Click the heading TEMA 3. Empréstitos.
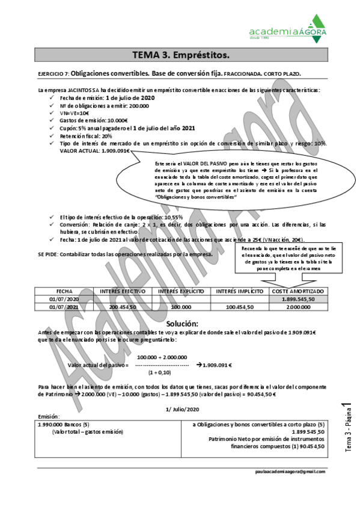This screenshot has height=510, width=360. pos(180,55)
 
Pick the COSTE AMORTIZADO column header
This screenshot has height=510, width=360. pos(299,290)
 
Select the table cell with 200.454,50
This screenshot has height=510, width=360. pos(124,307)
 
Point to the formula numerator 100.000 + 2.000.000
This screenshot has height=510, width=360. pos(166,357)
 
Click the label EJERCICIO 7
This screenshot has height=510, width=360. pos(53,73)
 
